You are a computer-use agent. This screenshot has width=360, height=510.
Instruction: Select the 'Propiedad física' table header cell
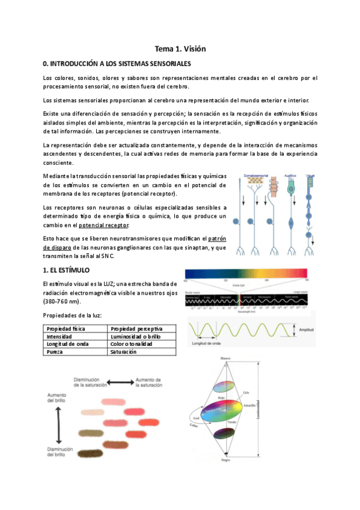point(65,329)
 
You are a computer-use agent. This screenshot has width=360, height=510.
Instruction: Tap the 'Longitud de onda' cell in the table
point(67,345)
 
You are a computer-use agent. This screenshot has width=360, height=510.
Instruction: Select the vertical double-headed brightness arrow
point(59,425)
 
